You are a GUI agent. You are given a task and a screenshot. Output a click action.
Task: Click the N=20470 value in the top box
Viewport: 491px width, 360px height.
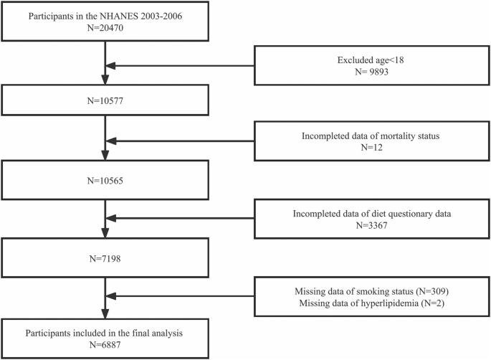(x=105, y=29)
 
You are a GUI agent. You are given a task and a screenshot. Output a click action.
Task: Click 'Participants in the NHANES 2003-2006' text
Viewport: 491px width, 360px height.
(x=105, y=16)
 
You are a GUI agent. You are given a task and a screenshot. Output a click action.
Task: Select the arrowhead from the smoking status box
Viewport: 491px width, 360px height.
(x=113, y=298)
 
